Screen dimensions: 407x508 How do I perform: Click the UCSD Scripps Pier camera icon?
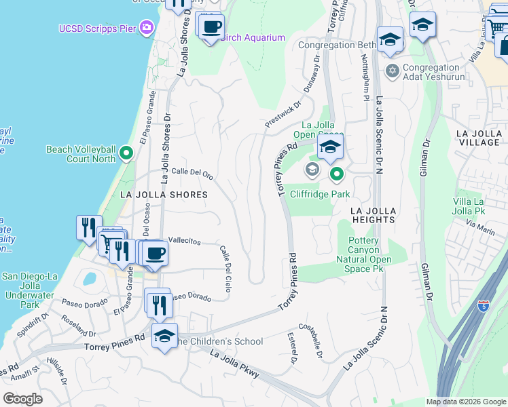click(x=146, y=28)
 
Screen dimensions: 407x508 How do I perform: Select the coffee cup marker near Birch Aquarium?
click(x=211, y=27)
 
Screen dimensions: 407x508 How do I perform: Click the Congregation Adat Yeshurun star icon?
click(x=391, y=70)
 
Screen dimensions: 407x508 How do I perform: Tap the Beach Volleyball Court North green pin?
click(x=126, y=153)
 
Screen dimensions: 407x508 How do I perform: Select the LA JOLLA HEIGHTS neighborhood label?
click(x=373, y=215)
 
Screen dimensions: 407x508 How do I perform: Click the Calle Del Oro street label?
click(x=192, y=173)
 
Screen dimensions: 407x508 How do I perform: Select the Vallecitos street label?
click(x=185, y=241)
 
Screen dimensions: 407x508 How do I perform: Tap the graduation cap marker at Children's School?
click(x=164, y=336)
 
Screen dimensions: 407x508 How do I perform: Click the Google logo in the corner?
click(x=22, y=399)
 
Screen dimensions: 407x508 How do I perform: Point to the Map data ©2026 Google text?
click(x=465, y=402)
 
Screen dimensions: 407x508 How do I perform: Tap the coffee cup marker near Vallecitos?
click(x=156, y=253)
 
